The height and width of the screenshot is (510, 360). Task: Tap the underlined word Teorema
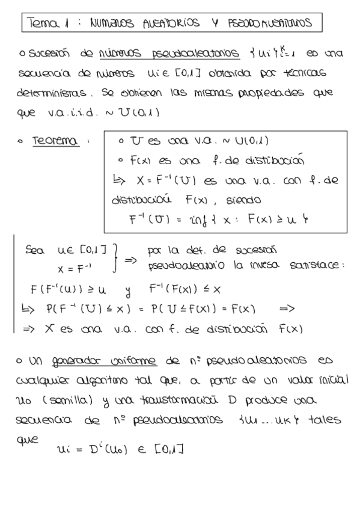55,141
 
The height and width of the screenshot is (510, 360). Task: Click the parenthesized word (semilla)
68,400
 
